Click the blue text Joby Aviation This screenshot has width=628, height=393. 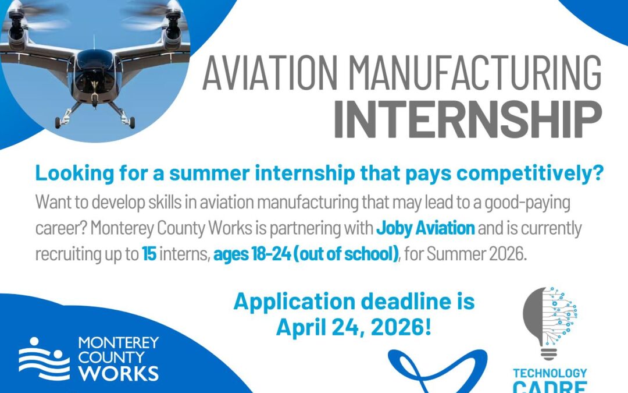pyautogui.click(x=425, y=228)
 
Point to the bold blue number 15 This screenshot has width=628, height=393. pyautogui.click(x=149, y=254)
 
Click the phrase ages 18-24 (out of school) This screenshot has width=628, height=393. pyautogui.click(x=306, y=254)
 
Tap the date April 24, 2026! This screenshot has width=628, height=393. pyautogui.click(x=354, y=327)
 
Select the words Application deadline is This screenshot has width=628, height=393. pyautogui.click(x=354, y=302)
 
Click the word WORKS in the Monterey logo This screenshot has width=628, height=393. pyautogui.click(x=119, y=373)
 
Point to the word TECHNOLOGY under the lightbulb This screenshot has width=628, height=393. pyautogui.click(x=549, y=373)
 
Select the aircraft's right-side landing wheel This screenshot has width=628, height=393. pyautogui.click(x=132, y=122)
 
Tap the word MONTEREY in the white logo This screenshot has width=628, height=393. pyautogui.click(x=118, y=342)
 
